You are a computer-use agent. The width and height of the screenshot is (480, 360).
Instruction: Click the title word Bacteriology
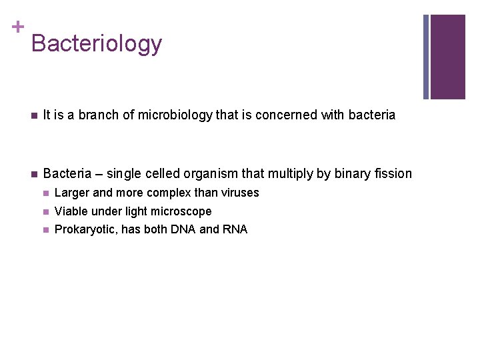pos(96,44)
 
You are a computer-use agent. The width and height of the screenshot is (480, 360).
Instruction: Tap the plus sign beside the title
pos(17,27)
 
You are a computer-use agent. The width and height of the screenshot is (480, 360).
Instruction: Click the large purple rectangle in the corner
pos(447,57)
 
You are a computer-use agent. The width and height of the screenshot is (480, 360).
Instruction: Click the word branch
pos(98,115)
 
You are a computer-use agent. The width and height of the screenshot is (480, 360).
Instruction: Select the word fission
pos(394,174)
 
